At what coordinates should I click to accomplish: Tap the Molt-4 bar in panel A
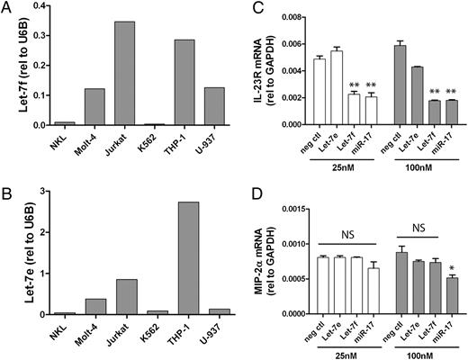tap(88, 107)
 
